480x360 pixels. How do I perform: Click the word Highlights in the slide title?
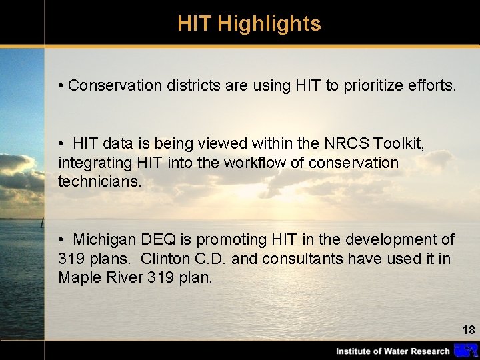pos(269,24)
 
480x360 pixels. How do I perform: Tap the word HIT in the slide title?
pos(195,24)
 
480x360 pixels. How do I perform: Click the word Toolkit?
pos(400,143)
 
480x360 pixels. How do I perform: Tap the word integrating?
pos(92,163)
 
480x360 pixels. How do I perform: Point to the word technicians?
pos(100,182)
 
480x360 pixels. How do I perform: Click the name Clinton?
pos(165,259)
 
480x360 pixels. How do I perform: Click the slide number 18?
pos(468,329)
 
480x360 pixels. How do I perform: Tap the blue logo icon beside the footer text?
pos(465,351)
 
